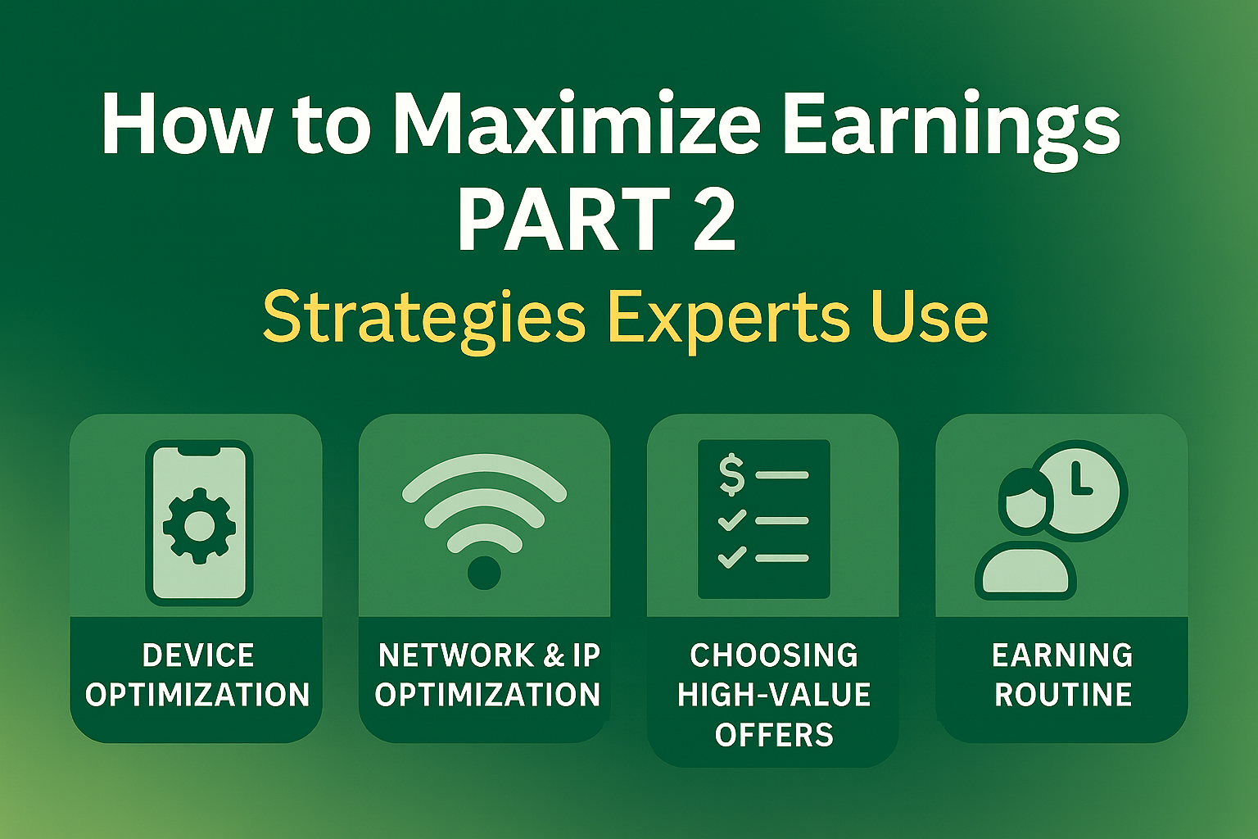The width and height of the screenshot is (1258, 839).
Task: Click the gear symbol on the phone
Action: (199, 525)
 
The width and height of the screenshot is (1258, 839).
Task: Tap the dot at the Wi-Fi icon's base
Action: (484, 573)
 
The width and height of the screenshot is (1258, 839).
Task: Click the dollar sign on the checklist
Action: (731, 475)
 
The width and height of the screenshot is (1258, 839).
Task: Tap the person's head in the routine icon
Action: (1023, 500)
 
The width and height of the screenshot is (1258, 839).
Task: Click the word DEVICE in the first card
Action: (198, 655)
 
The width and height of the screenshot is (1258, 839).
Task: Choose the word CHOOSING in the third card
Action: (774, 655)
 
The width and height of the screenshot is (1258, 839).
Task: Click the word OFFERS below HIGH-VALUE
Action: (774, 735)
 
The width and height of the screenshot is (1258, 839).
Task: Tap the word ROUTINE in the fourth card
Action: (1063, 695)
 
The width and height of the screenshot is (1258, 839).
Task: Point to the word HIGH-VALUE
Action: (774, 695)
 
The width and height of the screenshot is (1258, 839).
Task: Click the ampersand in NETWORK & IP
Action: (554, 655)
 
